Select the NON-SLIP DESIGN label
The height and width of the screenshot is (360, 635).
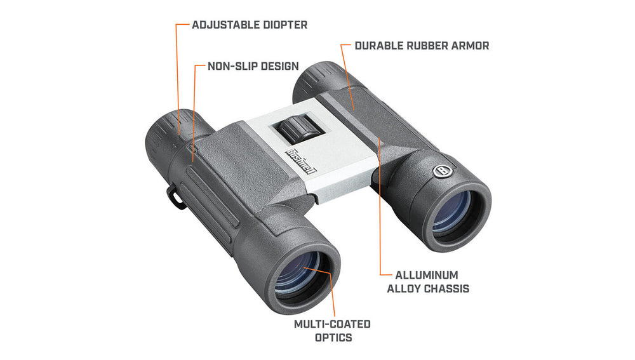(253, 66)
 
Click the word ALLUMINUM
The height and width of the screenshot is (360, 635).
(427, 276)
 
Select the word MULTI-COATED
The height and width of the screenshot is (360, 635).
(332, 324)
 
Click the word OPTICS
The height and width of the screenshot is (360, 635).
(333, 338)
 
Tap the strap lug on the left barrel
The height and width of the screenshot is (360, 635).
(175, 197)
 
